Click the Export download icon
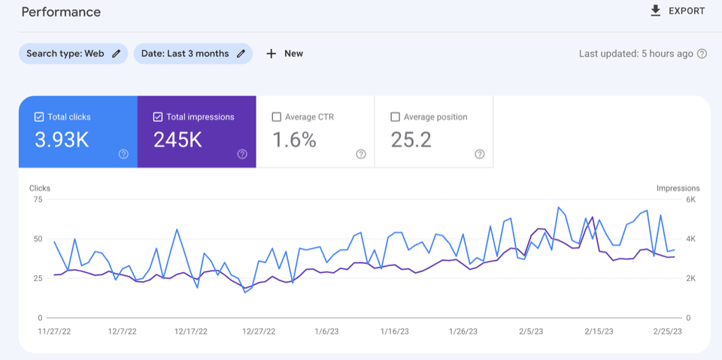[x=656, y=11]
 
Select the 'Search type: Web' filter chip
[x=73, y=53]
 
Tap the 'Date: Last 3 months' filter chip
[x=193, y=53]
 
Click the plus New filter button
[x=284, y=53]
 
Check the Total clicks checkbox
[x=39, y=117]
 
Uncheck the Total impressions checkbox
[x=158, y=117]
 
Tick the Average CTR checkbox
[x=277, y=117]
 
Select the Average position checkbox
[x=396, y=117]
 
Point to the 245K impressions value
[x=177, y=140]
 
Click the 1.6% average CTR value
[x=294, y=140]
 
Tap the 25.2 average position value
[x=411, y=140]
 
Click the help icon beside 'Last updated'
[x=702, y=54]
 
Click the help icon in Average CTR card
[x=361, y=154]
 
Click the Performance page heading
[x=61, y=12]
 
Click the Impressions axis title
[x=678, y=188]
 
